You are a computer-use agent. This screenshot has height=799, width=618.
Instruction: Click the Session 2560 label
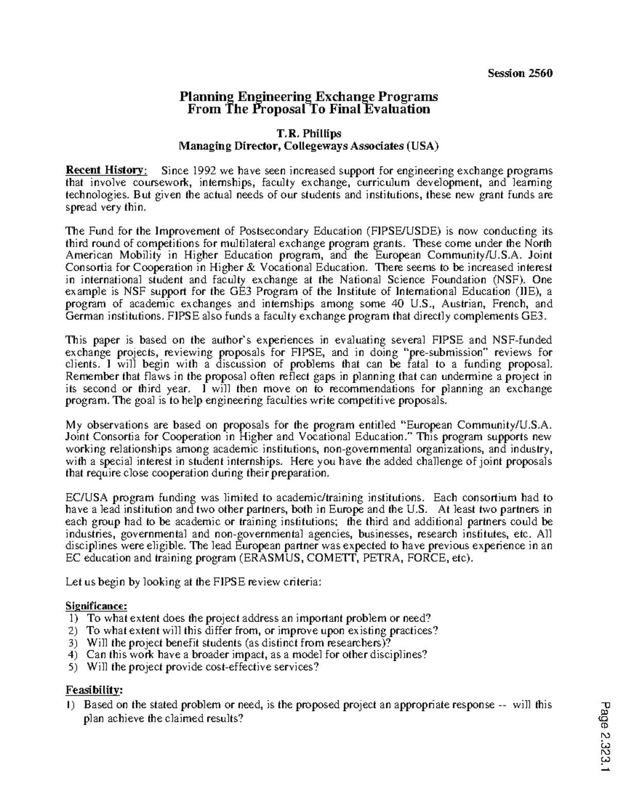(520, 73)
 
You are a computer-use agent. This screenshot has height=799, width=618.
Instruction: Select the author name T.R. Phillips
(308, 134)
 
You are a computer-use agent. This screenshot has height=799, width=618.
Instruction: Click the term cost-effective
(241, 667)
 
